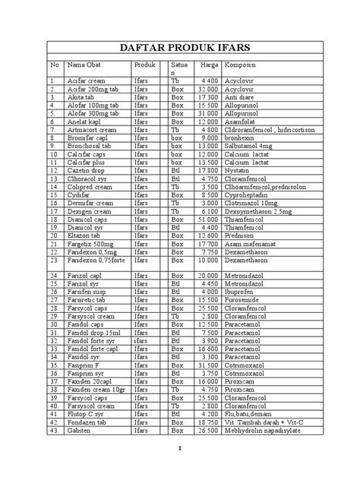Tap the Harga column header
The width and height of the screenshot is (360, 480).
tap(209, 66)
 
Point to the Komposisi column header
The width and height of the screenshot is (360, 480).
tap(242, 66)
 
